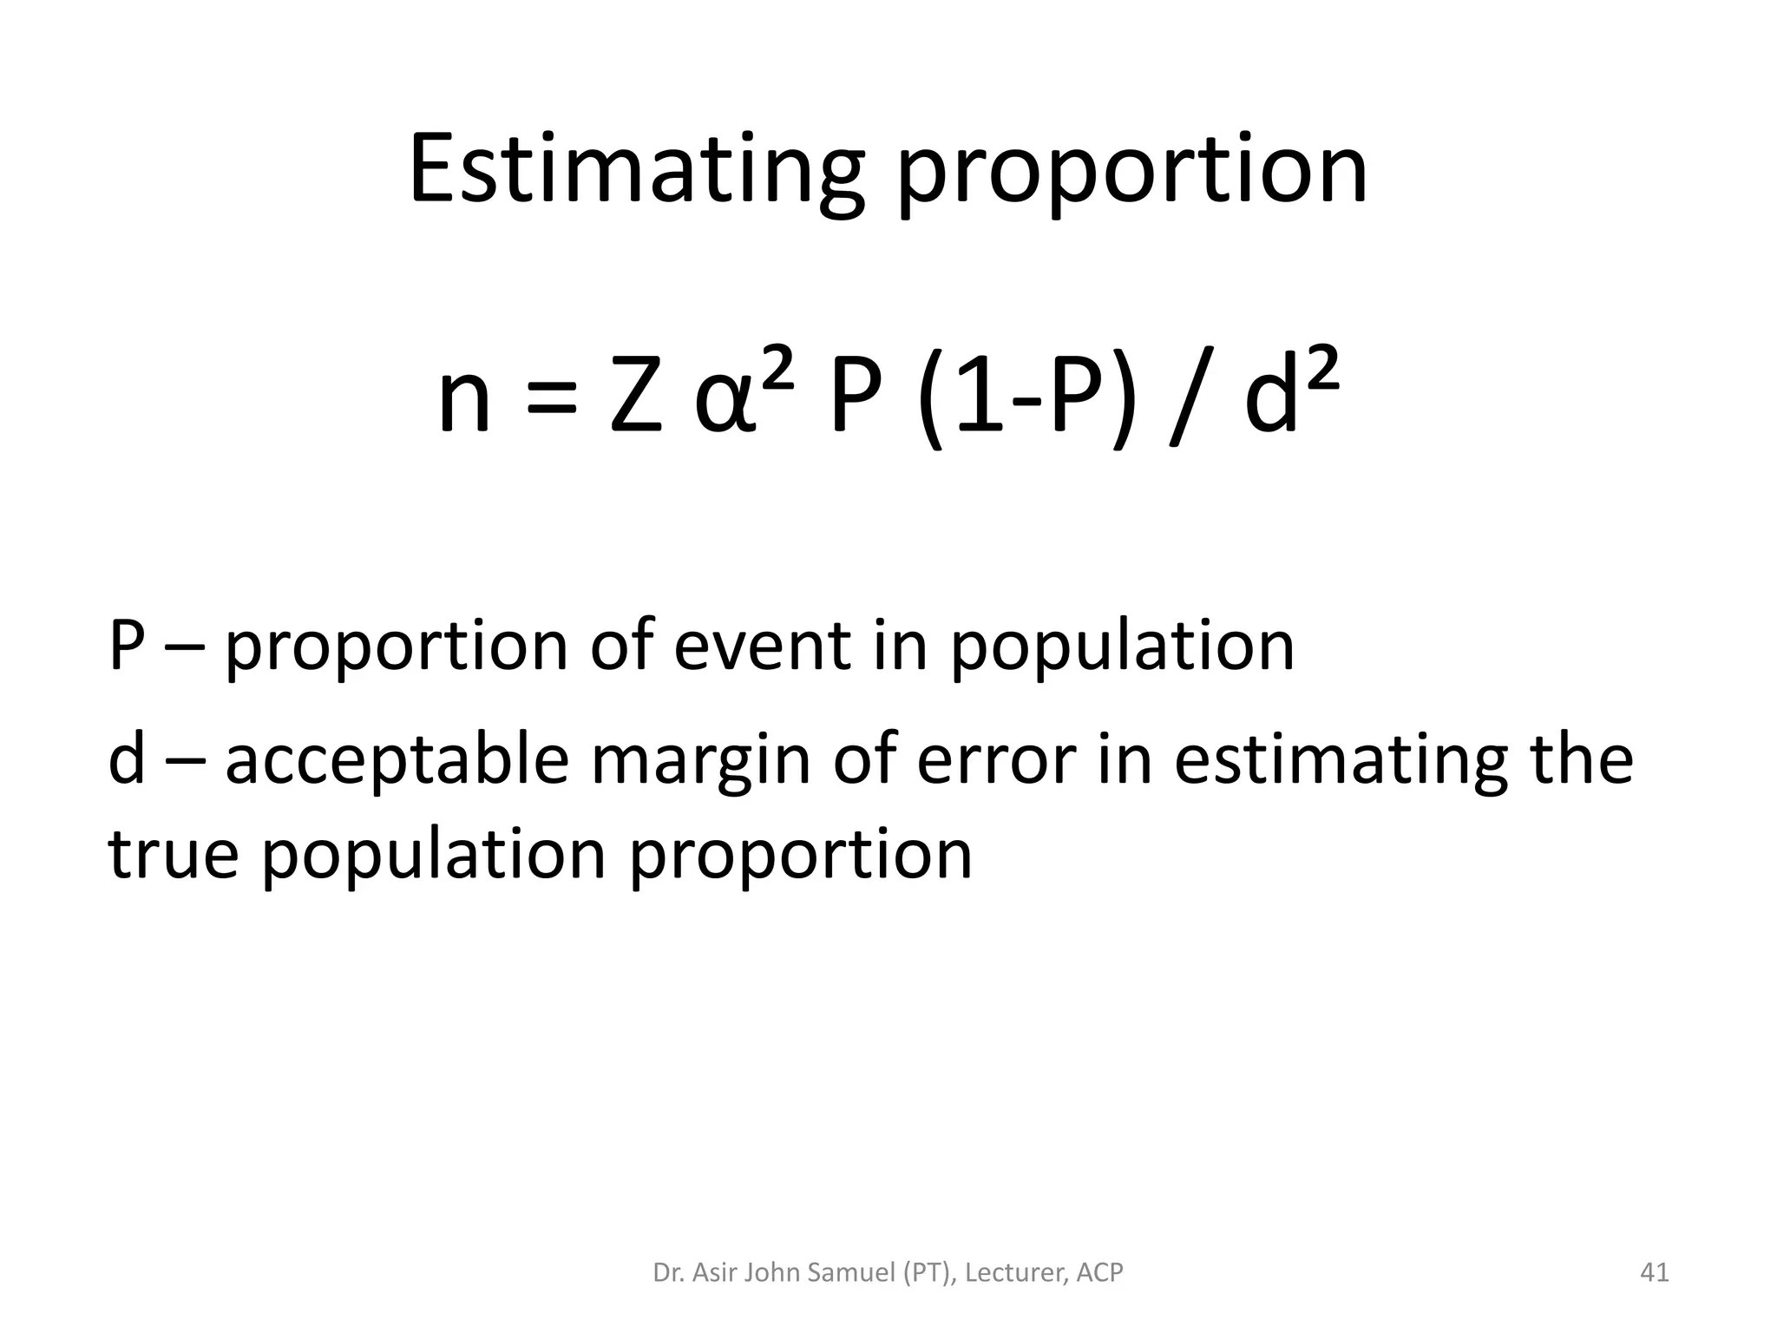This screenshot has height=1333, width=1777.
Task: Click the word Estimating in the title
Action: (x=636, y=171)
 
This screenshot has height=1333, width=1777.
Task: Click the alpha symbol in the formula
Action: (x=723, y=404)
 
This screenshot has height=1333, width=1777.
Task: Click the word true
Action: (x=173, y=855)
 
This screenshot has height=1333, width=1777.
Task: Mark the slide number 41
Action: (x=1655, y=1272)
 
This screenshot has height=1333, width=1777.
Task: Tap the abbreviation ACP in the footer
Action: (x=1100, y=1273)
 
